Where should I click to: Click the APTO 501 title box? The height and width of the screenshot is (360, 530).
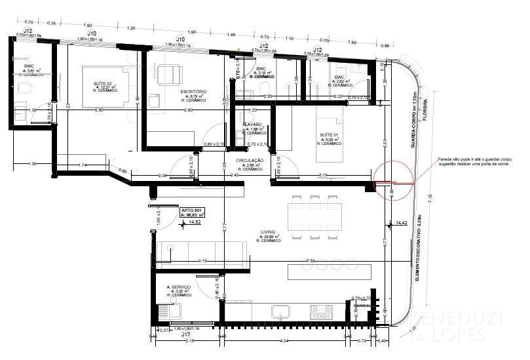(x=193, y=212)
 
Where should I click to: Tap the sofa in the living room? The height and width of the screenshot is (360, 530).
(x=202, y=252)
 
